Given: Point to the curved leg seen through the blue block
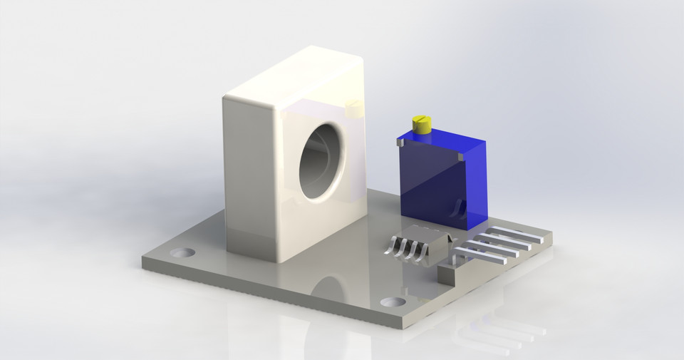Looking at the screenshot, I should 459,208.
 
